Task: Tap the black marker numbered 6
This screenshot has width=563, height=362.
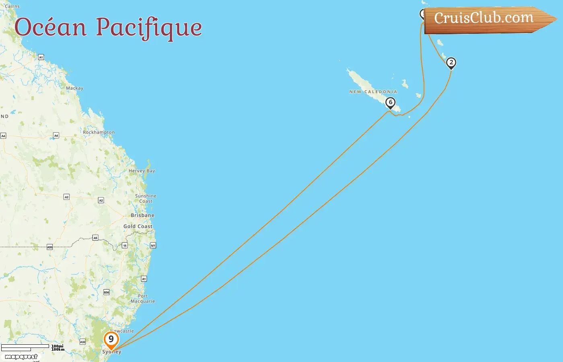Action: click(390, 103)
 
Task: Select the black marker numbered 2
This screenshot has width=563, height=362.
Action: click(451, 63)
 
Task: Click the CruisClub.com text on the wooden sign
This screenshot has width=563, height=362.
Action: click(483, 18)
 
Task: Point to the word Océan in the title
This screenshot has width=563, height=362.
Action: click(51, 27)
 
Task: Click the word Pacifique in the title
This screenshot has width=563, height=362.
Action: click(149, 28)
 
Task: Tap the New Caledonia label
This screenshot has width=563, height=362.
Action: click(373, 92)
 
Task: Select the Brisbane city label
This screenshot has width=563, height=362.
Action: click(142, 215)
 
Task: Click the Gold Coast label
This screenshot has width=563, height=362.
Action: click(138, 226)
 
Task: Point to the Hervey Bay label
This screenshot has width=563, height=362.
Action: click(142, 171)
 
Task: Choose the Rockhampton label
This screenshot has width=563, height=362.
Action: click(99, 132)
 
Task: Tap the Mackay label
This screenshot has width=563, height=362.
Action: click(74, 88)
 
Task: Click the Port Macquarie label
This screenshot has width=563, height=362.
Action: click(143, 298)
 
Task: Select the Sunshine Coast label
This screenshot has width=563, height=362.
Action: click(146, 198)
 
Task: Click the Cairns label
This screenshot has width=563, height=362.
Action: click(12, 6)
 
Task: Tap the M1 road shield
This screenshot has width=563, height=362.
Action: click(153, 245)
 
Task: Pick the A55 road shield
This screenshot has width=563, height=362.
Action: click(50, 247)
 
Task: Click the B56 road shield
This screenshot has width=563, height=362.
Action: click(107, 292)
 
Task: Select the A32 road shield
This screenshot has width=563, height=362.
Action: click(82, 342)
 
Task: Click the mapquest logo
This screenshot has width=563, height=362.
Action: click(21, 357)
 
